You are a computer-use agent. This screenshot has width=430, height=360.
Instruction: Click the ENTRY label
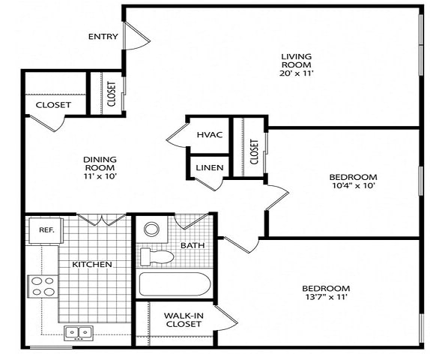tap(103, 37)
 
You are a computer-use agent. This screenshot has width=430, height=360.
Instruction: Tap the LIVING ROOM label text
tap(297, 61)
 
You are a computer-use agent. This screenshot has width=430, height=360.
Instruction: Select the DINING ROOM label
tap(99, 163)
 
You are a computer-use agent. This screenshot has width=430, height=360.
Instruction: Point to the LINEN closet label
tap(209, 167)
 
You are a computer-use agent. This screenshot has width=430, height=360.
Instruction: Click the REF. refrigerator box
tap(46, 230)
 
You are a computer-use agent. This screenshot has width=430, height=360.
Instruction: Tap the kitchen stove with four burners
tap(43, 286)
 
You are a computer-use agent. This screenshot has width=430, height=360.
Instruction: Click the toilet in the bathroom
tap(157, 257)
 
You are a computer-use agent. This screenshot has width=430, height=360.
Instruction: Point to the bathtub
tap(175, 285)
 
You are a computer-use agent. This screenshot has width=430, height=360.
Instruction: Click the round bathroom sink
tap(152, 229)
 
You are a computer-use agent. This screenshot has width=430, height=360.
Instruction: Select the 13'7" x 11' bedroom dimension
tap(325, 297)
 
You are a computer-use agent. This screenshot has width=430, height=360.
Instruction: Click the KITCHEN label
tap(92, 265)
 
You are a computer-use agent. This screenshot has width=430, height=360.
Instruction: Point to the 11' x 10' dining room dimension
tap(99, 176)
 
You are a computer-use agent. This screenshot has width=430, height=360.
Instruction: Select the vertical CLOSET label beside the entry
tap(111, 94)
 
